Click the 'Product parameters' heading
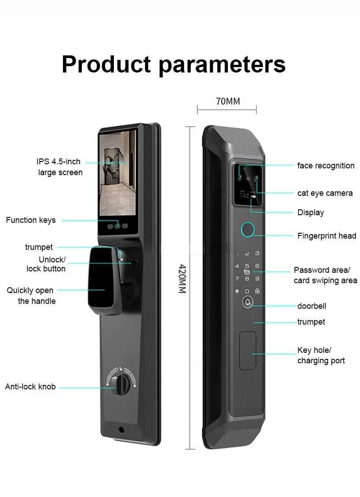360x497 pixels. tap(173, 64)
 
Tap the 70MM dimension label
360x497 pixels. tap(228, 101)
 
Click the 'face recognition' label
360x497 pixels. tap(325, 166)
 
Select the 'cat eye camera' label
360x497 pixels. tap(325, 193)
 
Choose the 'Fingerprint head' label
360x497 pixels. tap(326, 235)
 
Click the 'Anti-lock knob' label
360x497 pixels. tap(30, 387)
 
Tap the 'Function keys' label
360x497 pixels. tap(31, 220)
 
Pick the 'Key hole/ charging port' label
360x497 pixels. tap(321, 355)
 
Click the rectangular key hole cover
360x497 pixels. tap(247, 350)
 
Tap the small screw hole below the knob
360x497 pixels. tap(121, 429)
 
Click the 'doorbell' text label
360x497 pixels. tap(311, 306)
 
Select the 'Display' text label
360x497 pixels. tap(310, 212)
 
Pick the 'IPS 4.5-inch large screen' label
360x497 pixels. tap(59, 167)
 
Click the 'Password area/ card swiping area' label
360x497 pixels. tap(325, 275)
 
